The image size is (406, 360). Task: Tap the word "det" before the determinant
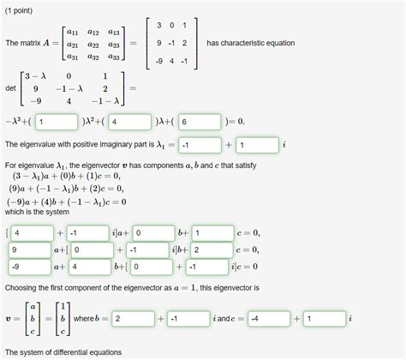(10, 88)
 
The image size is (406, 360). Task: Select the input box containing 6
(199, 121)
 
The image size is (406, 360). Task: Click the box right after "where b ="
(133, 318)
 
